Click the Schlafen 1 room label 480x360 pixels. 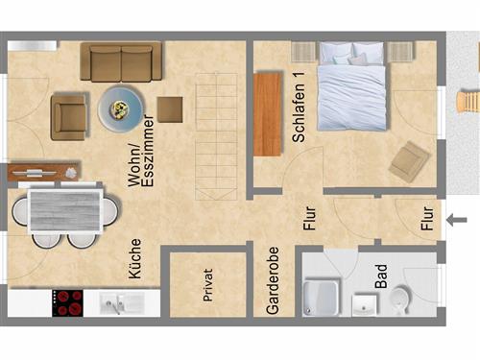click(299, 107)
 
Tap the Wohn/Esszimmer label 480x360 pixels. click(141, 151)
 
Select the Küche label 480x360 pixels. click(134, 258)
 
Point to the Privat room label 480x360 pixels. click(207, 285)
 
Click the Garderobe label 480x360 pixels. click(273, 280)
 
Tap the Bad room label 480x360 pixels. click(381, 276)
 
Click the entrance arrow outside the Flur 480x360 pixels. click(457, 220)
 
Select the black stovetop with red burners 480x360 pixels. click(67, 303)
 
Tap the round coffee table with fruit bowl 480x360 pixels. click(121, 108)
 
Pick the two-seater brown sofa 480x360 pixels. click(121, 61)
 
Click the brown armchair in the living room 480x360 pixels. click(69, 116)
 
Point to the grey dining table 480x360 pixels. click(65, 211)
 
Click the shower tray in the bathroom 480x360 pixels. click(321, 298)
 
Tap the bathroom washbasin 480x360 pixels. click(364, 304)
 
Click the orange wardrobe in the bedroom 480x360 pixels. click(268, 114)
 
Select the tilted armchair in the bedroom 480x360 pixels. click(409, 161)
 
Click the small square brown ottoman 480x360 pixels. click(170, 109)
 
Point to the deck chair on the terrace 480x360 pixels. click(468, 102)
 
